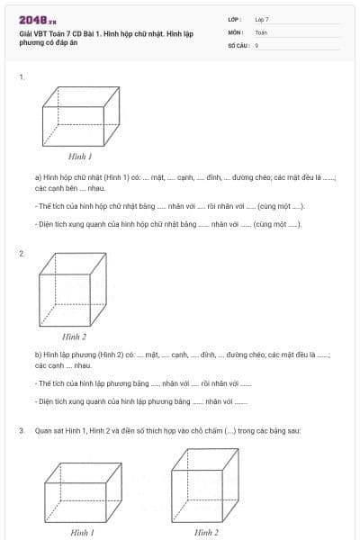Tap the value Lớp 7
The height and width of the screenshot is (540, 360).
(x=262, y=19)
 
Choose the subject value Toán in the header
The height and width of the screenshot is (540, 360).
(x=261, y=31)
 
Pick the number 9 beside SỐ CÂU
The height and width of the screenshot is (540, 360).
(x=256, y=44)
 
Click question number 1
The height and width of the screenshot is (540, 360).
(x=21, y=77)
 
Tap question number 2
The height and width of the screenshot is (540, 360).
(x=21, y=254)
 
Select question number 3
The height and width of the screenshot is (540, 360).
(x=21, y=431)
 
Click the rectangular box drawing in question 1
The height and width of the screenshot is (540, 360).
(x=81, y=116)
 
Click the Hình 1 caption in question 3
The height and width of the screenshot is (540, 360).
(x=82, y=532)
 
